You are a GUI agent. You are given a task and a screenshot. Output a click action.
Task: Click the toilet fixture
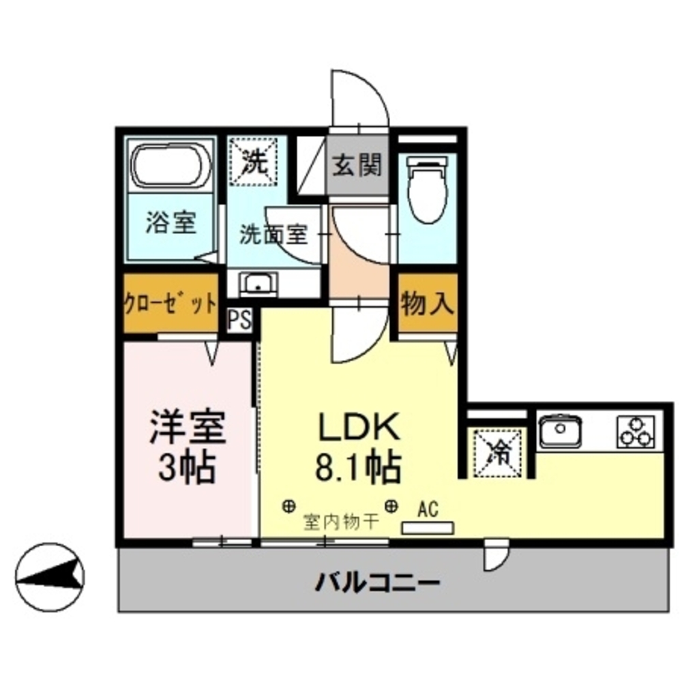click(x=428, y=188)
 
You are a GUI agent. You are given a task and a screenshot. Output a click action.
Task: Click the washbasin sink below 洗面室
click(x=257, y=284)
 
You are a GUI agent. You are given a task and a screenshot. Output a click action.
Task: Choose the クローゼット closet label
click(x=170, y=302)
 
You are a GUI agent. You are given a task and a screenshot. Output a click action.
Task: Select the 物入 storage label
click(x=428, y=302)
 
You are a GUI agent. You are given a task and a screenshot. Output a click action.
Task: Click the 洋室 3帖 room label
click(x=187, y=447)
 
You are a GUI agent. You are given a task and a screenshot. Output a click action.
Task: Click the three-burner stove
click(x=636, y=431)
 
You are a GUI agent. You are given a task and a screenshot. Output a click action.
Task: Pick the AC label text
click(x=428, y=508)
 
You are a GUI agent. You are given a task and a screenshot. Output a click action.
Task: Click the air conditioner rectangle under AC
click(x=428, y=528)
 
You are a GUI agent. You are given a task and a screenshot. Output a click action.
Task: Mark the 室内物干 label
click(x=340, y=523)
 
